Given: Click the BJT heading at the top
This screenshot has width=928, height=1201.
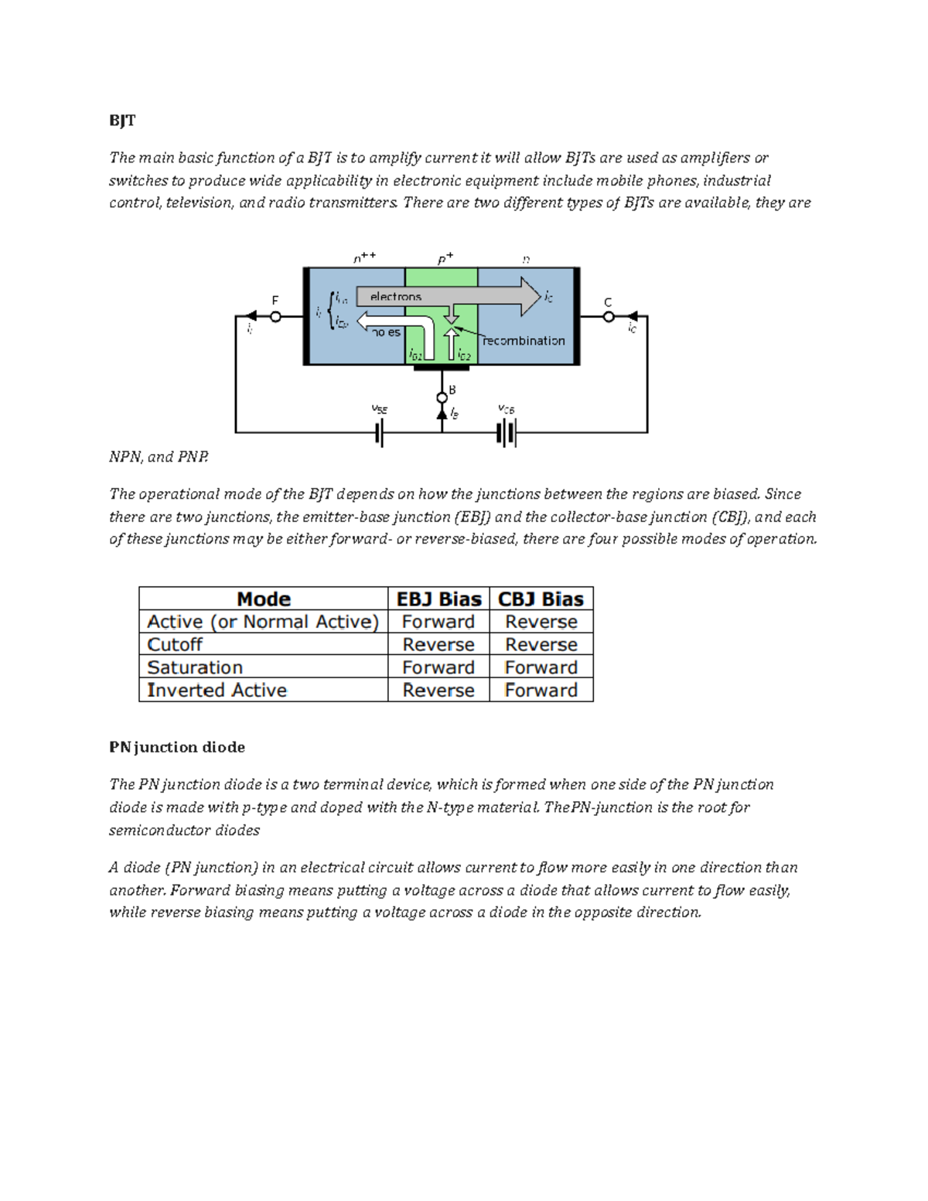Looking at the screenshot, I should pyautogui.click(x=122, y=121).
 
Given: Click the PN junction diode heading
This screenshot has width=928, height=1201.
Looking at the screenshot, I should pyautogui.click(x=177, y=747).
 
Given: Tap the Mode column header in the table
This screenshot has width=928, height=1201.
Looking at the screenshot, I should pyautogui.click(x=263, y=599).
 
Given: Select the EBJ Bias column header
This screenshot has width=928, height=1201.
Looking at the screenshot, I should pyautogui.click(x=438, y=599).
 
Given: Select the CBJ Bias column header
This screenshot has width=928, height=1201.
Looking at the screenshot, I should pyautogui.click(x=541, y=599).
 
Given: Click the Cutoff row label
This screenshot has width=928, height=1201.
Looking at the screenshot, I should pyautogui.click(x=175, y=644).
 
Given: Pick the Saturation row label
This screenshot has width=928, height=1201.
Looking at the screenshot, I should pyautogui.click(x=195, y=667).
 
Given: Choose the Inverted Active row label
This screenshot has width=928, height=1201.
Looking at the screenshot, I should pyautogui.click(x=217, y=691).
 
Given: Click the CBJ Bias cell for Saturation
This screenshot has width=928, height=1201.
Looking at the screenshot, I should pyautogui.click(x=541, y=667).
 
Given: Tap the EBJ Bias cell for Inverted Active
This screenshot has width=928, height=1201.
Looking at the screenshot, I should pyautogui.click(x=438, y=691).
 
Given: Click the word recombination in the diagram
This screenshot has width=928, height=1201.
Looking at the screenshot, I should pyautogui.click(x=524, y=341).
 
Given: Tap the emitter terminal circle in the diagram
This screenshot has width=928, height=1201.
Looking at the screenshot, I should pyautogui.click(x=275, y=316).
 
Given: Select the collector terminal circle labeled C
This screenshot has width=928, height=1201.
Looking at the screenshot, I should pyautogui.click(x=609, y=316).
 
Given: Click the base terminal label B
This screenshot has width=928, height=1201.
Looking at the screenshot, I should pyautogui.click(x=452, y=390).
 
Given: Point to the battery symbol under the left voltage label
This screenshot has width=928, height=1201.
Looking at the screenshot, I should pyautogui.click(x=380, y=433).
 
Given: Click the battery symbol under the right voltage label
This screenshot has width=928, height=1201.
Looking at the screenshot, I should pyautogui.click(x=507, y=433).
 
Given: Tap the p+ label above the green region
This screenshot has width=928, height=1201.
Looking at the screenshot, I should pyautogui.click(x=445, y=259).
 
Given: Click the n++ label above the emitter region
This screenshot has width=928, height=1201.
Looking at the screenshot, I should pyautogui.click(x=364, y=258).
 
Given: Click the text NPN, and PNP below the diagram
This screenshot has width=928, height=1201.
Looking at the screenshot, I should pyautogui.click(x=159, y=457).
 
